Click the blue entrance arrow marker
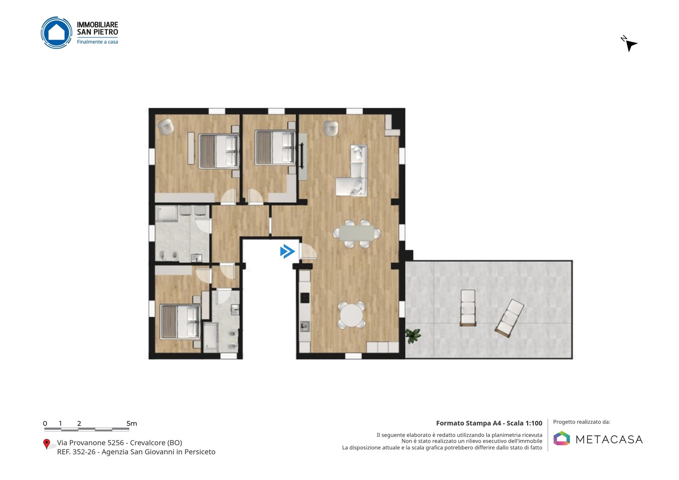point(287,251)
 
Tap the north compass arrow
point(631,45)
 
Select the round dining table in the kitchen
point(351,315)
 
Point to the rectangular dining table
point(357,233)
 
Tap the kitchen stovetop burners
point(305,298)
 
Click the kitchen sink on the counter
point(305,326)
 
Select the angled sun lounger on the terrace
point(509,318)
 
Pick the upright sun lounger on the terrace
point(468,307)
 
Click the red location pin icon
point(47,444)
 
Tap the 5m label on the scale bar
point(132,423)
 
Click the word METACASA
point(609,439)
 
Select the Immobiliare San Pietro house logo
point(57,33)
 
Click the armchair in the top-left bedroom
point(166,126)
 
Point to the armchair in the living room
point(331,128)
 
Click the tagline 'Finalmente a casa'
point(97,42)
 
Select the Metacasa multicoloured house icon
point(562,438)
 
